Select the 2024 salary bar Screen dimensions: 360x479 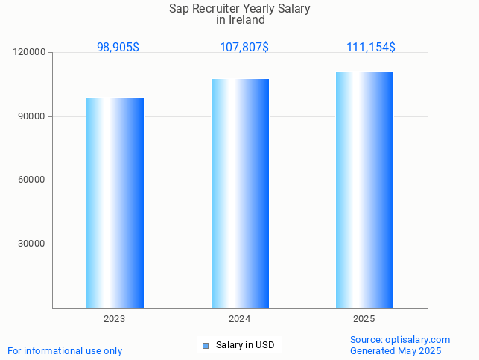click(x=240, y=193)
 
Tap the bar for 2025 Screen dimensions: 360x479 click(x=364, y=189)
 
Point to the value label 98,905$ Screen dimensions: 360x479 click(x=118, y=47)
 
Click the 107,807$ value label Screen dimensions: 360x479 click(x=244, y=47)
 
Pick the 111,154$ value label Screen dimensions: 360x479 click(x=371, y=47)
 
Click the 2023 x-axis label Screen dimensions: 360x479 click(x=115, y=319)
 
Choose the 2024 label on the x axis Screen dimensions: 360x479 click(x=239, y=319)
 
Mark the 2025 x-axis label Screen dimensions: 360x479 click(x=364, y=319)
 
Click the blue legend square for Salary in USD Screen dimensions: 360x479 click(x=206, y=345)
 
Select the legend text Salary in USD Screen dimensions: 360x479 click(x=245, y=345)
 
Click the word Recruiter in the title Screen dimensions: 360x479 click(x=221, y=9)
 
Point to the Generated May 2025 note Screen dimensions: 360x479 click(x=396, y=351)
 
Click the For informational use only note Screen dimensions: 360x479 click(x=65, y=351)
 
